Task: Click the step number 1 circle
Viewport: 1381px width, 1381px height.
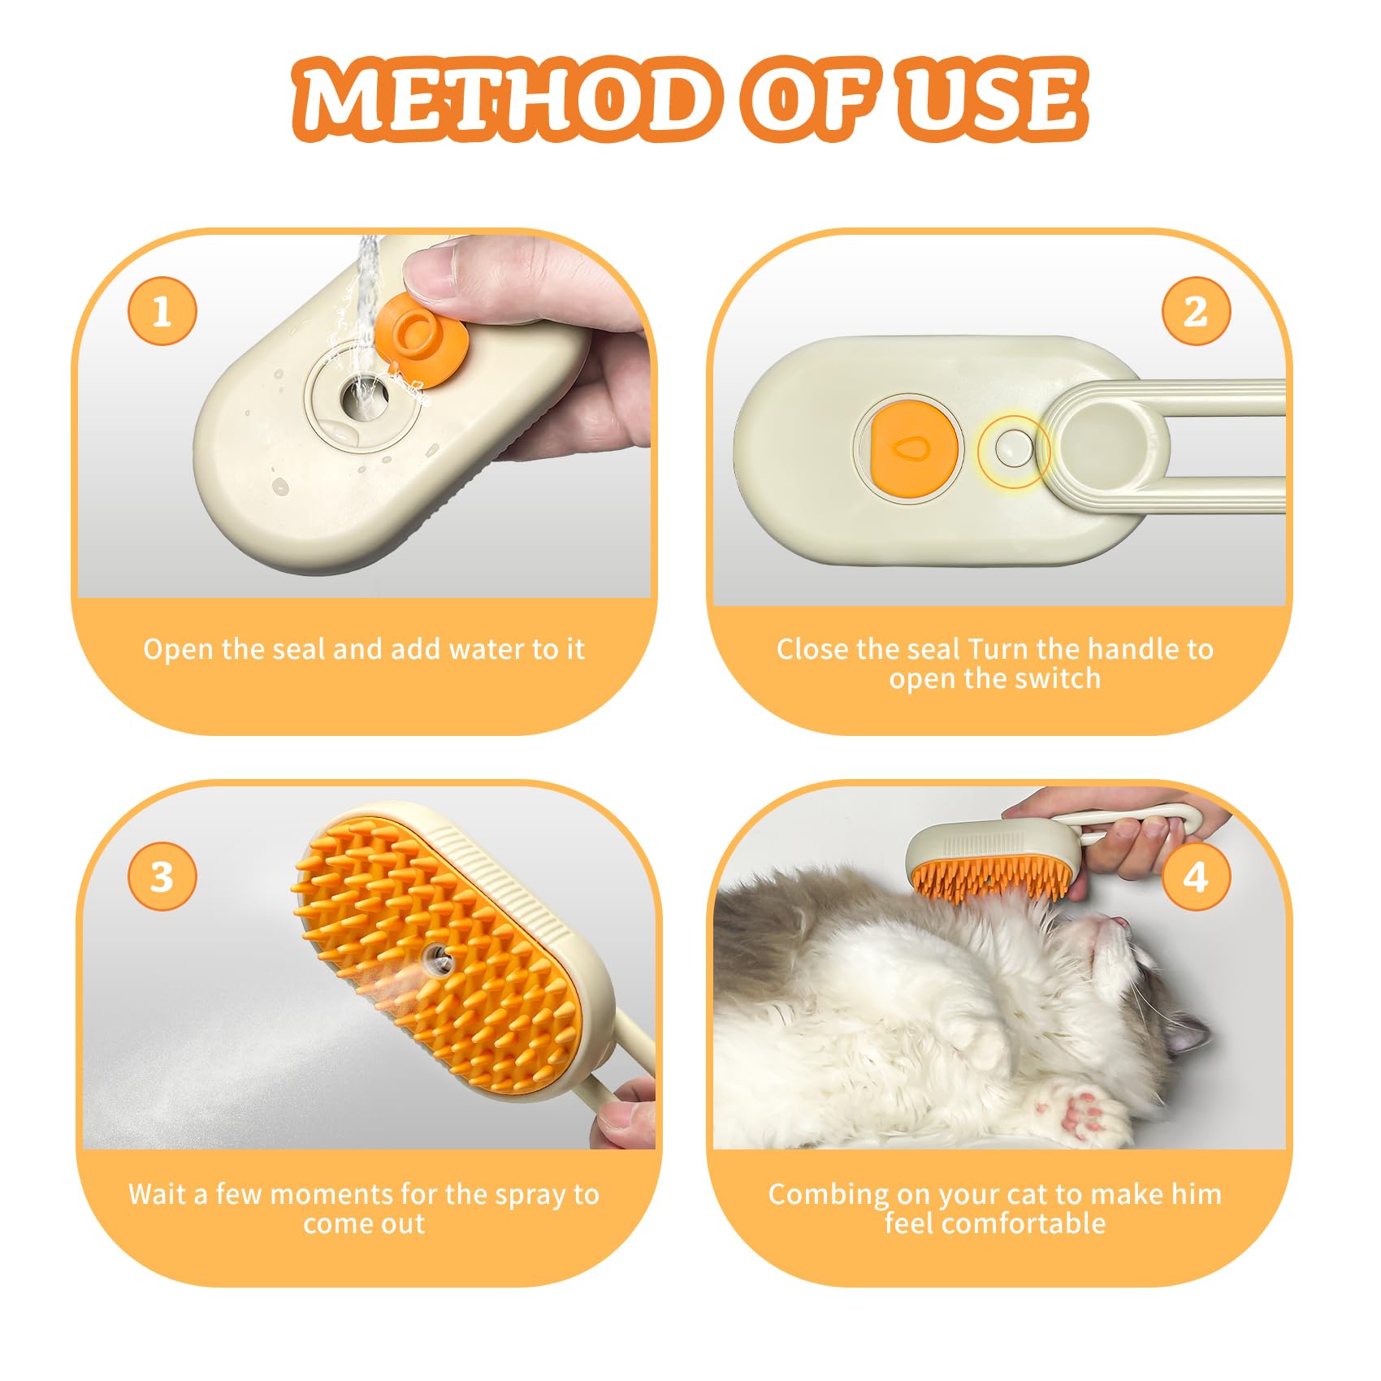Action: pos(162,311)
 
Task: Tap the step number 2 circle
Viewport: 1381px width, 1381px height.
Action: pos(1195,311)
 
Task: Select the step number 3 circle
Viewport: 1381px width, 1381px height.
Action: pos(162,877)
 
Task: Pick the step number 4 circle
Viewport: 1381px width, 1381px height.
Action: pos(1195,877)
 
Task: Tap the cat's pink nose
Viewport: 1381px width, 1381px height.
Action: pos(1119,921)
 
